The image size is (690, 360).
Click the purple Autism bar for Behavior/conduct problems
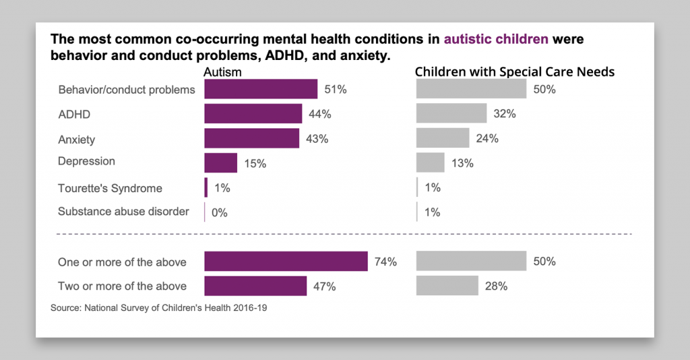point(260,89)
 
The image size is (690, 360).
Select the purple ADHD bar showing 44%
point(253,114)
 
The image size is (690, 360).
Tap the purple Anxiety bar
point(251,139)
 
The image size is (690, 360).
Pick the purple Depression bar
point(220,162)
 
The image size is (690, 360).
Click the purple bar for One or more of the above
point(286,262)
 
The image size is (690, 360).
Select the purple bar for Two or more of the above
point(255,286)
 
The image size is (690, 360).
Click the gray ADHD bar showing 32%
point(451,114)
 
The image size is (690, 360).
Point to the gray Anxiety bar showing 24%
point(443,139)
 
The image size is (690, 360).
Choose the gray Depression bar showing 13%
point(431,162)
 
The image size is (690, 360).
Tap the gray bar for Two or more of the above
point(447,286)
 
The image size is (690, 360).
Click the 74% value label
point(386,262)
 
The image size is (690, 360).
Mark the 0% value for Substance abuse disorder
point(219,212)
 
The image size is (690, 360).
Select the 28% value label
point(496,286)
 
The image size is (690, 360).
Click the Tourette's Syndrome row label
point(110,188)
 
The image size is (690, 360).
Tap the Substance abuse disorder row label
point(123,212)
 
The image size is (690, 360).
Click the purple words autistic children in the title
point(496,39)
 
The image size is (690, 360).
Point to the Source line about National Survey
point(163,308)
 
